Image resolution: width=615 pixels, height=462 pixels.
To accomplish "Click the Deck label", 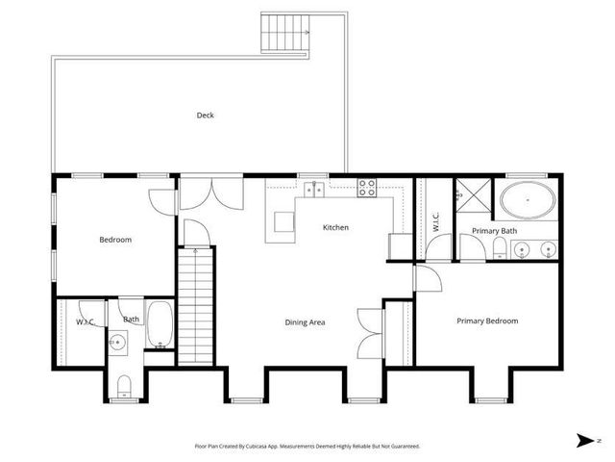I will click(205, 115).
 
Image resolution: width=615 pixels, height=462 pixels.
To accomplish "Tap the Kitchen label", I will click(335, 228).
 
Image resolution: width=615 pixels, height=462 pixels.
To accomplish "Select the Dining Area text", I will click(305, 322).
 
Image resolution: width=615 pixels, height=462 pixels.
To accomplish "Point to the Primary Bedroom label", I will click(487, 321).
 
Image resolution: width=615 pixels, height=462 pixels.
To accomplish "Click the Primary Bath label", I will click(494, 231).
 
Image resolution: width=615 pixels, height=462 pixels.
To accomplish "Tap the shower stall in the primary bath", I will click(470, 194).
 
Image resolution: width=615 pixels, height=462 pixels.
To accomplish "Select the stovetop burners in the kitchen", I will click(367, 188).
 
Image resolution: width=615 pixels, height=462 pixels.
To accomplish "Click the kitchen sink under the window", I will click(314, 189).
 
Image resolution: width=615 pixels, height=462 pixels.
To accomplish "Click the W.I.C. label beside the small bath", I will click(84, 321).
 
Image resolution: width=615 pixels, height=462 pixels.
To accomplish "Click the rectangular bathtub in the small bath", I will click(160, 325).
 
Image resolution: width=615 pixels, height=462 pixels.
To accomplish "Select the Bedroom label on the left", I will click(115, 240).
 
